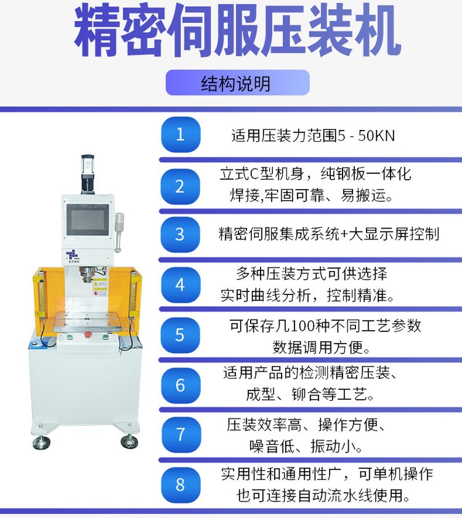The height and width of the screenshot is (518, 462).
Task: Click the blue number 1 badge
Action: pyautogui.click(x=180, y=134)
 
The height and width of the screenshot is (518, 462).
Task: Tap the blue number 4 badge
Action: pyautogui.click(x=180, y=285)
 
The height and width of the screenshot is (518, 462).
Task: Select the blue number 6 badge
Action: pyautogui.click(x=180, y=385)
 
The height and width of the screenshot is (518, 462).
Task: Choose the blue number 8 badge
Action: pyautogui.click(x=180, y=484)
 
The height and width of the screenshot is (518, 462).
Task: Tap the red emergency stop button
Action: pyautogui.click(x=87, y=334)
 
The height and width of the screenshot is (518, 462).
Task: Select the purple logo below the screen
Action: pyautogui.click(x=73, y=254)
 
